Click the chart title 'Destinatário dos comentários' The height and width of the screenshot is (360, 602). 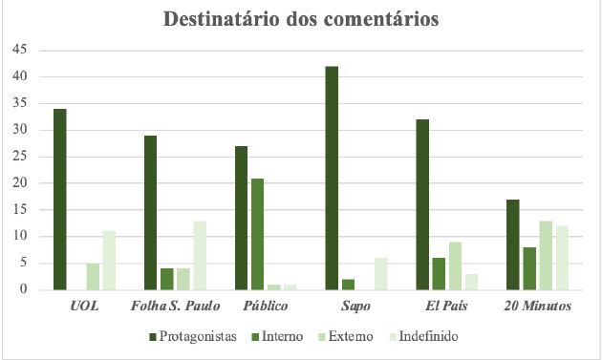[301, 20]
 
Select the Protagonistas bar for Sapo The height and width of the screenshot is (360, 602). [332, 178]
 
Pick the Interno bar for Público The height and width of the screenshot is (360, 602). [257, 234]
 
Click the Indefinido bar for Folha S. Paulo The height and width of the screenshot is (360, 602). [199, 255]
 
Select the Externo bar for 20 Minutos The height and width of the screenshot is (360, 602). [545, 255]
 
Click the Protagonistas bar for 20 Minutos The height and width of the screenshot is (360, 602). [513, 244]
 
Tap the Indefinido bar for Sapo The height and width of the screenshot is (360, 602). [380, 273]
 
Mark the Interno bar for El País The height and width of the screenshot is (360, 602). [439, 273]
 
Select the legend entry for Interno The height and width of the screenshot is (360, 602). [281, 336]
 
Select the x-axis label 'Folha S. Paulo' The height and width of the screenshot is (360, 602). [175, 307]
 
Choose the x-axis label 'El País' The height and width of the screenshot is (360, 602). [447, 307]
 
